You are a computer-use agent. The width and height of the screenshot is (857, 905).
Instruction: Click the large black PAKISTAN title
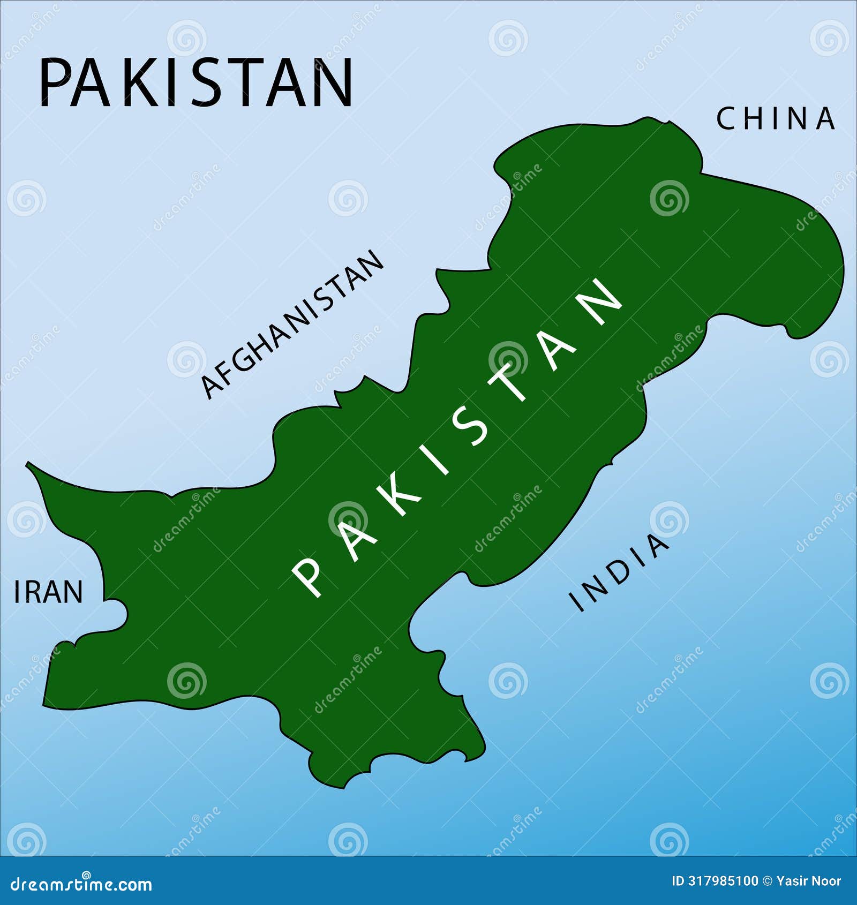196,83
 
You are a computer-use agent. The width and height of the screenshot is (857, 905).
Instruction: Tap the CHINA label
776,119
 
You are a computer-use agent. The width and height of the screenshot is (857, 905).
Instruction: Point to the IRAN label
48,592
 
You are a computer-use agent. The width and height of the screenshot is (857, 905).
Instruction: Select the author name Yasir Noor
809,881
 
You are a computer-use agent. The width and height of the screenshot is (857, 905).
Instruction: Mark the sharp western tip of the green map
27,464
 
